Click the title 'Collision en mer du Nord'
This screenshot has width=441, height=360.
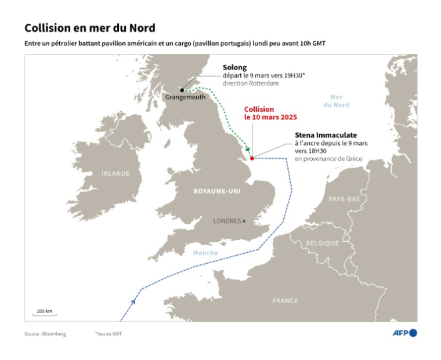point(89,28)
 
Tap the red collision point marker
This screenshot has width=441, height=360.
point(251,158)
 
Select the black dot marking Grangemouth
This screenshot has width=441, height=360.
point(182,90)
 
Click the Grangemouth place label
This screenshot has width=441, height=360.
point(185,97)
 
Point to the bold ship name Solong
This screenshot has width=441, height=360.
point(234,68)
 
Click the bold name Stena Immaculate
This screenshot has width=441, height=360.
point(326,135)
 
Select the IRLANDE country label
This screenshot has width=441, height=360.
point(115,173)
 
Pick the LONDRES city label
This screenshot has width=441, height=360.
point(227,221)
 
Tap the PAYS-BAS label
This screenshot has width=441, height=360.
point(344,199)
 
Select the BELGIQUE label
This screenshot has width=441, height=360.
point(322,243)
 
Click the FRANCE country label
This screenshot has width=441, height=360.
point(285,301)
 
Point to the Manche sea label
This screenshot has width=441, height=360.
point(205,253)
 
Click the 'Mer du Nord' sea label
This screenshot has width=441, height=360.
point(337,101)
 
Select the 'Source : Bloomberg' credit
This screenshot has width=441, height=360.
point(45,334)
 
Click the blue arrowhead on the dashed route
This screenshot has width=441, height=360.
point(133,301)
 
